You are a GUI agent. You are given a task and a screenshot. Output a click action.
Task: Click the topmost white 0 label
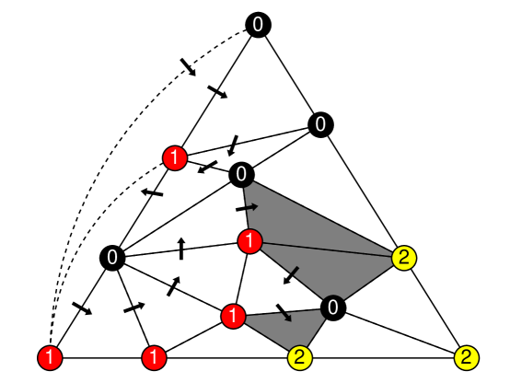coord(258,25)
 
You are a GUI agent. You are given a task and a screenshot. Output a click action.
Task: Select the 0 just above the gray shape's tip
coord(320,124)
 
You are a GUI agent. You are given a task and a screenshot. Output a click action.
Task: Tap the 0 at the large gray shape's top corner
coord(241,174)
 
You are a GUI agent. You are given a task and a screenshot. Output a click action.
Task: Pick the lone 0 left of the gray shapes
coord(112,258)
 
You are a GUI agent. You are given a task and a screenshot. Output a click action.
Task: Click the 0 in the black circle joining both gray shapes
coord(332,308)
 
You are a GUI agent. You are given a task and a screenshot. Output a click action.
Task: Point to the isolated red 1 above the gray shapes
coord(175,158)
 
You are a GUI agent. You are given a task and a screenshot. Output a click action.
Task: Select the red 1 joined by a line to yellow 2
coord(250,242)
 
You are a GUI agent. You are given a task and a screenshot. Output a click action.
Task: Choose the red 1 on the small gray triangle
coord(234,317)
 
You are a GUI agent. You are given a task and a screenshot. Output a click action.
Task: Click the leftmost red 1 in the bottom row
coord(51,357)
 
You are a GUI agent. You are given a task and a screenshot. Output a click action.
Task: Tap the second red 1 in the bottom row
coord(155,357)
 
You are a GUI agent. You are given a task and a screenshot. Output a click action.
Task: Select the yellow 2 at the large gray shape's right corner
coord(404,258)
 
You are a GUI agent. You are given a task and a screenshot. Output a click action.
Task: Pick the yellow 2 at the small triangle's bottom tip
coord(300,357)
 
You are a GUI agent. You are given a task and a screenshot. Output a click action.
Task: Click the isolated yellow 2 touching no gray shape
coord(467,357)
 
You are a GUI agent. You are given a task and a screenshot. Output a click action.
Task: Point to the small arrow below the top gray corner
coord(252,207)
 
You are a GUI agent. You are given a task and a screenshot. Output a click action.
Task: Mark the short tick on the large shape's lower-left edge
coord(295,271)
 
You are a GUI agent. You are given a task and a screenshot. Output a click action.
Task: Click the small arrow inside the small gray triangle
coord(287,317)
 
